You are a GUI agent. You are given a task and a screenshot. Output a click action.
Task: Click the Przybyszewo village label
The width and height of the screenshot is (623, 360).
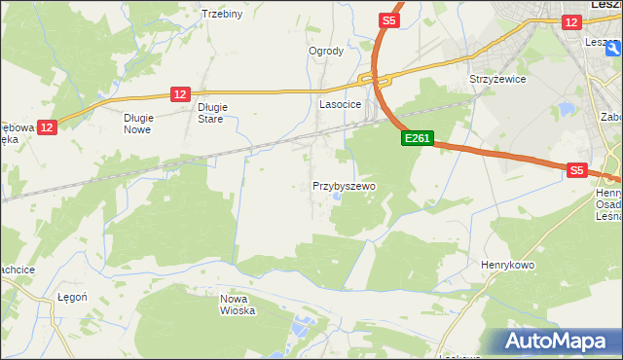tap(344, 185)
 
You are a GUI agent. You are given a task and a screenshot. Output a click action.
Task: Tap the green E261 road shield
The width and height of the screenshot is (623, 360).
tap(417, 139)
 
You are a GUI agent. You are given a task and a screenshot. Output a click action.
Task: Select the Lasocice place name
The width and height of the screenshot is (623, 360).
tap(341, 103)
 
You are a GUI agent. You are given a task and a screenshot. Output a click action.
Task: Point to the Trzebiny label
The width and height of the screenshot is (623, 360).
tap(221, 14)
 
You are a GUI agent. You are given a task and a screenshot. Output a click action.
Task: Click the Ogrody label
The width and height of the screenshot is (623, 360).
tap(326, 51)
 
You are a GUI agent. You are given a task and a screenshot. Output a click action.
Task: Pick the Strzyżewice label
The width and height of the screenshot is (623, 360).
tap(497, 79)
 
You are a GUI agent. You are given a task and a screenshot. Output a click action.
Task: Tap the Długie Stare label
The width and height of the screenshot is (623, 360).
tap(211, 113)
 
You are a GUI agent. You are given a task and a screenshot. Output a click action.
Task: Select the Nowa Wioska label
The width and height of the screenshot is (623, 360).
tap(238, 305)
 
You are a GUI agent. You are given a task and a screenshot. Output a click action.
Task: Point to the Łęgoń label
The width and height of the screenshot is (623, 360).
tap(72, 298)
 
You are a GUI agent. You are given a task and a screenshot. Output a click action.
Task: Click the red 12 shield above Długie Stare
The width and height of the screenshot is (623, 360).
tap(179, 93)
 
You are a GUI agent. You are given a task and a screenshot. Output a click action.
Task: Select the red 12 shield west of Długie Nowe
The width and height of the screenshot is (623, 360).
tap(49, 126)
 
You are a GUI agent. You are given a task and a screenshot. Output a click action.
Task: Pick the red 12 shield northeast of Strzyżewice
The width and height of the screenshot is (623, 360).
tap(570, 20)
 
